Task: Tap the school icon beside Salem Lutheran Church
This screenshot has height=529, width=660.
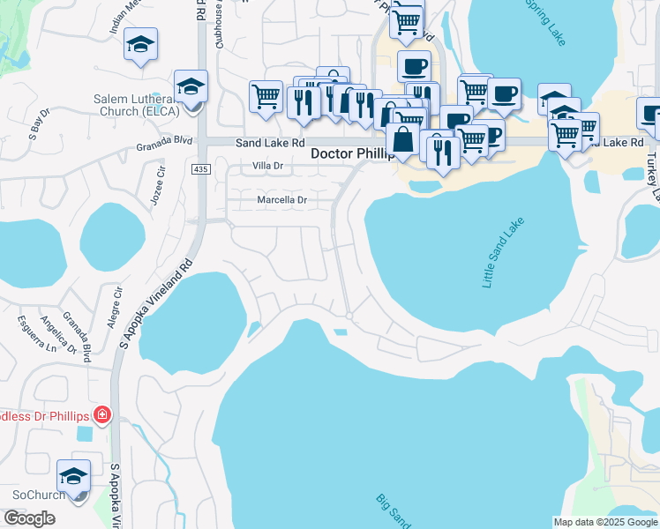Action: coord(190,86)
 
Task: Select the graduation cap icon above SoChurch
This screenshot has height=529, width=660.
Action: coord(74,476)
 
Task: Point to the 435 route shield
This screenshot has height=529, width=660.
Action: coord(199,168)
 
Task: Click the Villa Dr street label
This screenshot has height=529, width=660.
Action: coord(267,166)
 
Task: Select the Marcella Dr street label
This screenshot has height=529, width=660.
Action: coord(281,200)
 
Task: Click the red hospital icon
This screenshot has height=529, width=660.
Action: coord(103,414)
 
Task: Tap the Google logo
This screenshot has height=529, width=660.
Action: coord(29,518)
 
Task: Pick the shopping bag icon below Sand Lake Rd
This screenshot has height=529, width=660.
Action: coord(402,139)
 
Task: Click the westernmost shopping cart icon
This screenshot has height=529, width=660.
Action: coord(266,96)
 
